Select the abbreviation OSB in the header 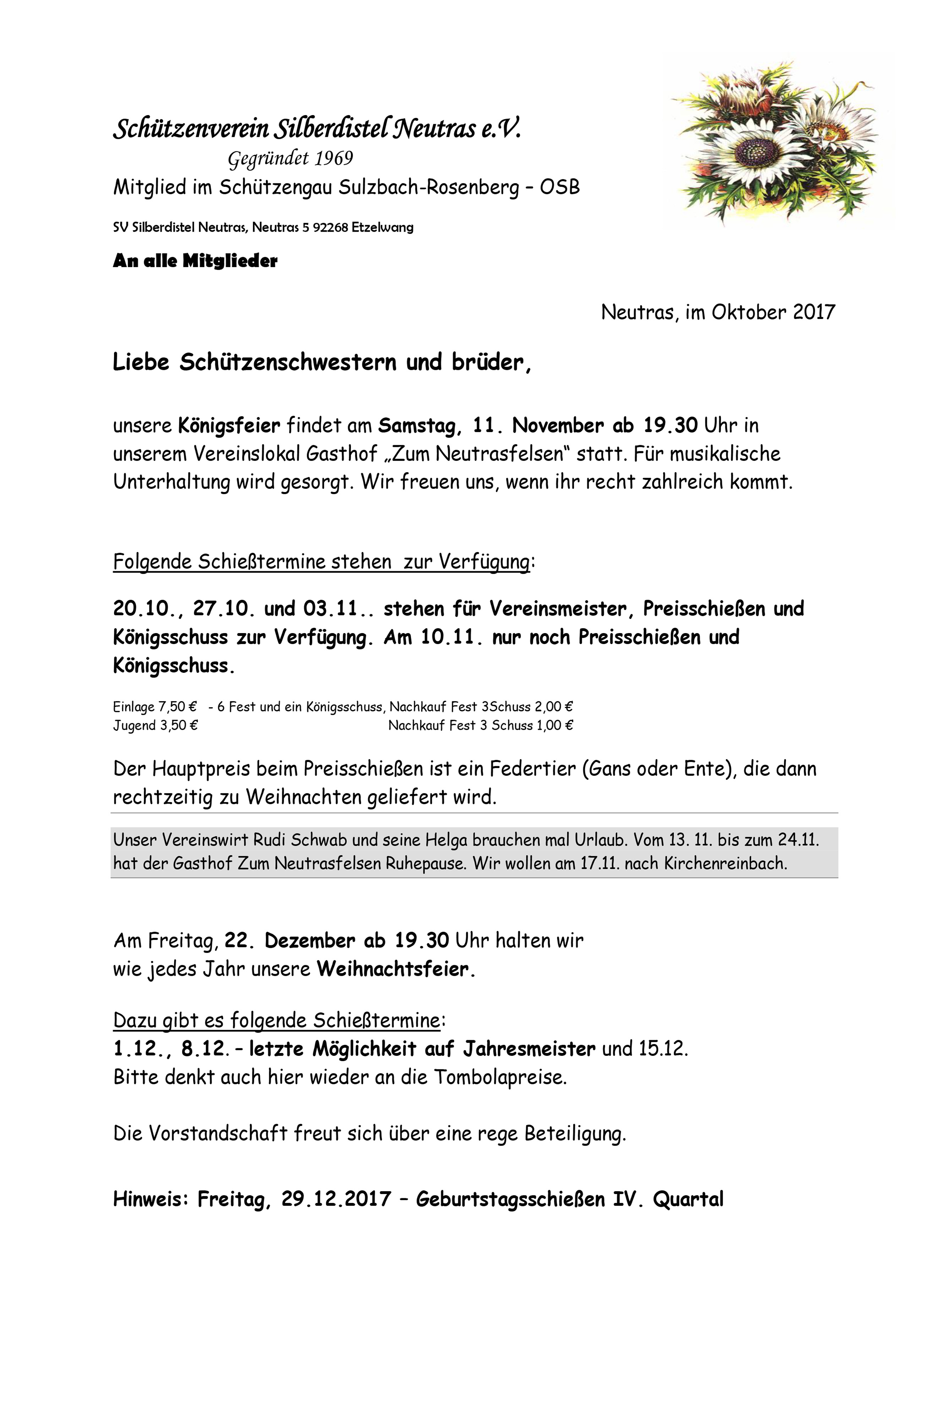(560, 188)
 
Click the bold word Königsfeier (229, 426)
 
